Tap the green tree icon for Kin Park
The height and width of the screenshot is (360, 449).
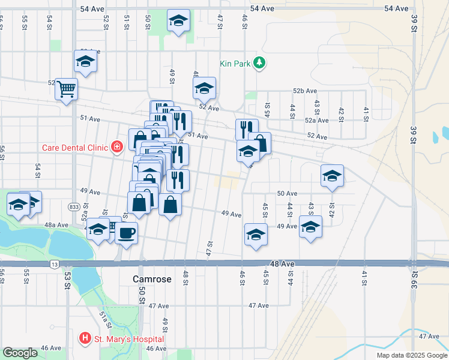click(259, 62)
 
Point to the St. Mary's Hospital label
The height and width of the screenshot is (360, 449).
click(129, 340)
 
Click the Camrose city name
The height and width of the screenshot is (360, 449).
click(152, 280)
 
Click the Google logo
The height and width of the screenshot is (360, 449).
click(20, 353)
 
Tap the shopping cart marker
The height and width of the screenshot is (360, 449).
click(66, 89)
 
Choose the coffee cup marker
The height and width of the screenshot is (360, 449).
click(126, 233)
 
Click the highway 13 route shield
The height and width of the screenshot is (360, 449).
click(55, 264)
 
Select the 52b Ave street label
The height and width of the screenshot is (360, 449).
click(305, 91)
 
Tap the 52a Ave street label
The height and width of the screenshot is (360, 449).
click(316, 120)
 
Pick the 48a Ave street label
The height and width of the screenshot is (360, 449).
click(57, 225)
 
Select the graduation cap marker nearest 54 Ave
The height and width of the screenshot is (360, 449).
click(178, 20)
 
